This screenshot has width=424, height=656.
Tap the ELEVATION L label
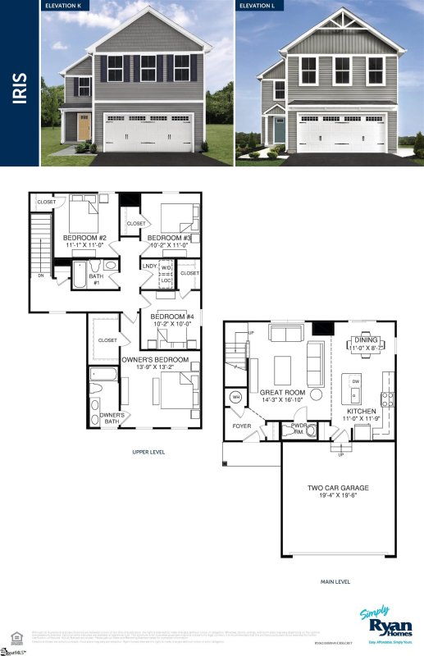tap(258, 6)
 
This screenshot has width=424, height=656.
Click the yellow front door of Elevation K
tap(84, 128)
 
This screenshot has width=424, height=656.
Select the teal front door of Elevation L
tap(279, 130)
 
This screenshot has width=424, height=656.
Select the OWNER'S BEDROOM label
tap(155, 359)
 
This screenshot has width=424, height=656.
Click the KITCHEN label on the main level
tap(361, 410)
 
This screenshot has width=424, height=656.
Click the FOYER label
tap(241, 426)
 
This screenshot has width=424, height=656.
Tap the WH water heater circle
tap(236, 398)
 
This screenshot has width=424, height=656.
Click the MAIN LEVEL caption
tap(335, 581)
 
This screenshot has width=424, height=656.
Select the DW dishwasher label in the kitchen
tap(355, 381)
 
